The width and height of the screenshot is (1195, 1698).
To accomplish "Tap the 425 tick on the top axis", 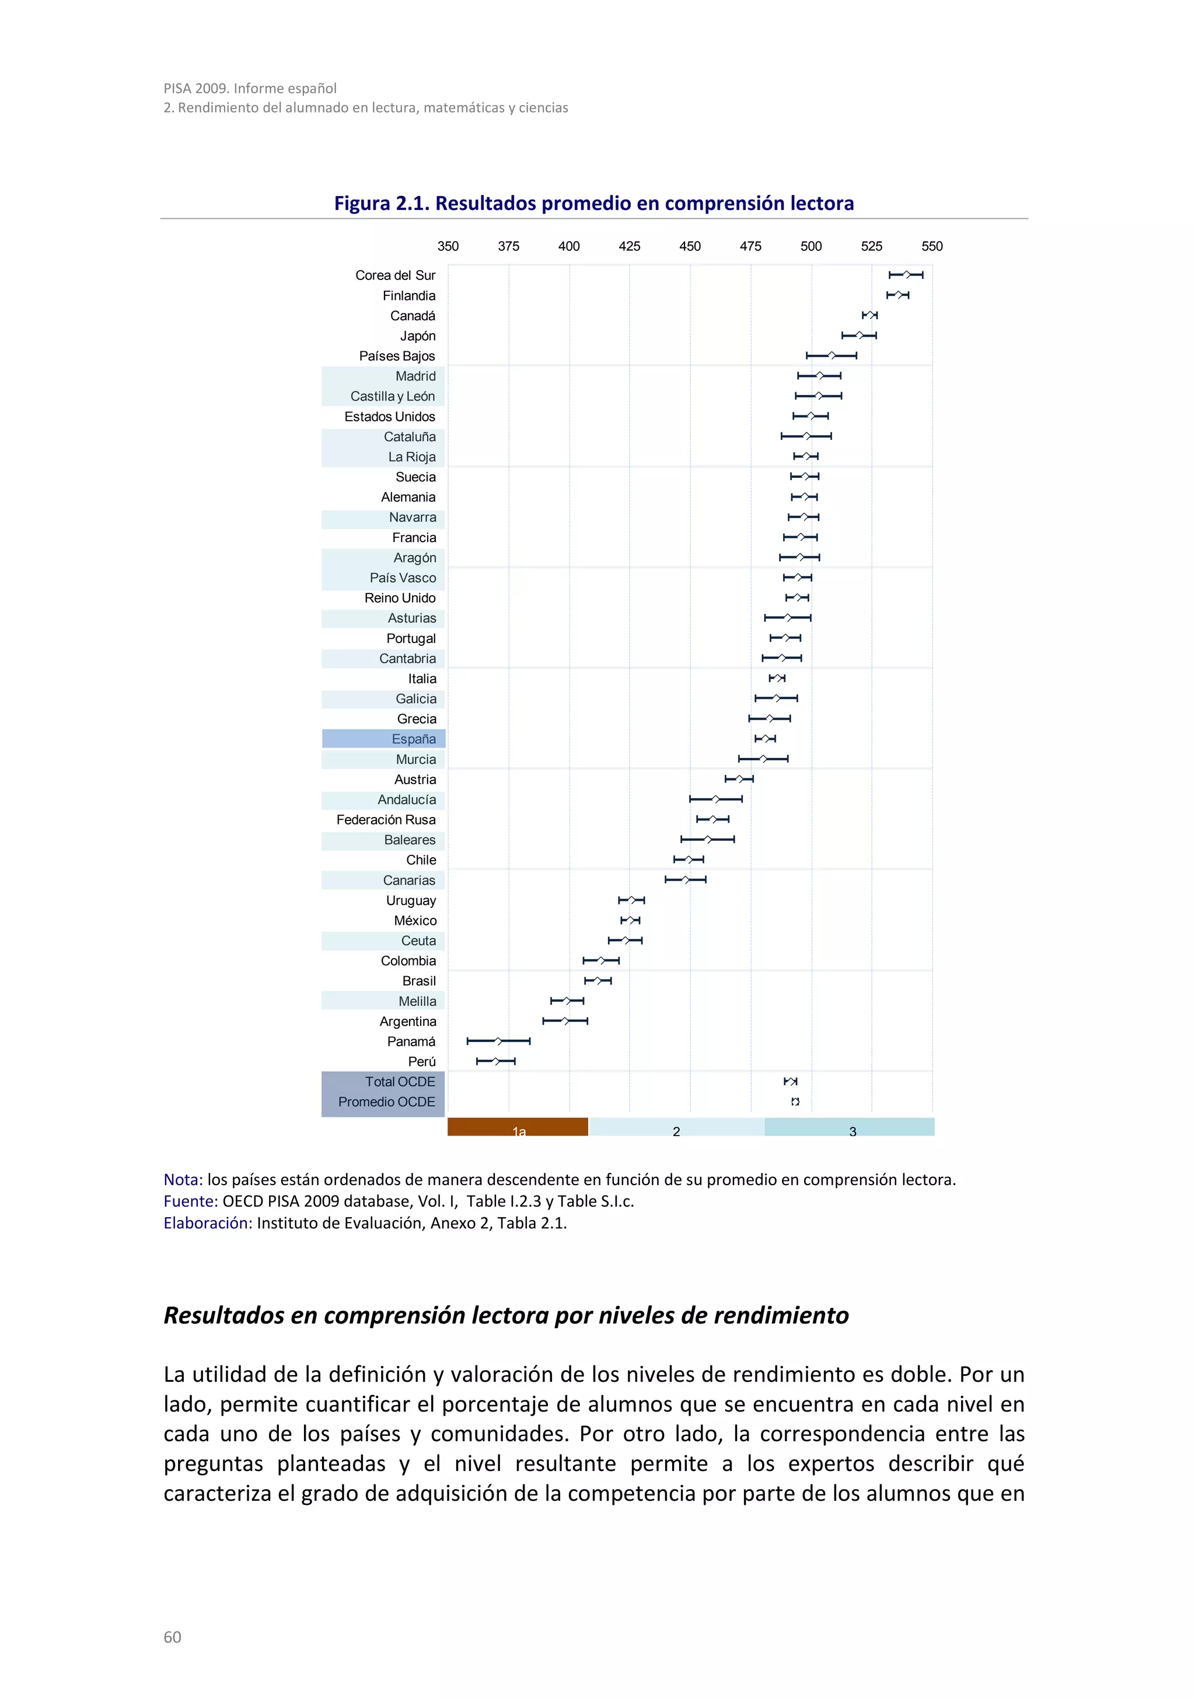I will pyautogui.click(x=629, y=246).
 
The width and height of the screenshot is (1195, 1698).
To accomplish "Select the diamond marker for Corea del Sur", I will pyautogui.click(x=907, y=275).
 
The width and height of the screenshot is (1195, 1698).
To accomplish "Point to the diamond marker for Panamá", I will pyautogui.click(x=499, y=1042).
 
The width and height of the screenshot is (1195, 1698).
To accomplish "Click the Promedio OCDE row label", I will pyautogui.click(x=386, y=1102).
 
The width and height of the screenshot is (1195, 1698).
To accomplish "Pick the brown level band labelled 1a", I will pyautogui.click(x=518, y=1127).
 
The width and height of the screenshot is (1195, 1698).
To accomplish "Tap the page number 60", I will pyautogui.click(x=172, y=1637).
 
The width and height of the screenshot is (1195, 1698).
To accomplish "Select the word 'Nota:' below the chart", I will pyautogui.click(x=183, y=1180).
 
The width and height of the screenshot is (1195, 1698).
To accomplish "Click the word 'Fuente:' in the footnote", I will pyautogui.click(x=191, y=1201).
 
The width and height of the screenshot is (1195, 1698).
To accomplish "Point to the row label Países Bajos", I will pyautogui.click(x=397, y=356).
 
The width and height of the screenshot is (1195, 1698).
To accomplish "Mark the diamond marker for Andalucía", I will pyautogui.click(x=715, y=799).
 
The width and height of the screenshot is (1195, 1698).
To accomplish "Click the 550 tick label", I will pyautogui.click(x=932, y=246).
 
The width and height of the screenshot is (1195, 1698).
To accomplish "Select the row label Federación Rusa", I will pyautogui.click(x=386, y=819).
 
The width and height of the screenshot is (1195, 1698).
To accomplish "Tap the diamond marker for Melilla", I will pyautogui.click(x=567, y=1001).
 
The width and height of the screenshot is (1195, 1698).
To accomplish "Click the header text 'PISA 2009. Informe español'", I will pyautogui.click(x=250, y=89).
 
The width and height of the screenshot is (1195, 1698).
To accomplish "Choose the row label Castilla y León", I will pyautogui.click(x=393, y=396).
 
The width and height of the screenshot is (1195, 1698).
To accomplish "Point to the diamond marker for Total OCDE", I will pyautogui.click(x=791, y=1081).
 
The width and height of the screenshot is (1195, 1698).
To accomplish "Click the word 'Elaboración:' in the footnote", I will pyautogui.click(x=208, y=1222).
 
